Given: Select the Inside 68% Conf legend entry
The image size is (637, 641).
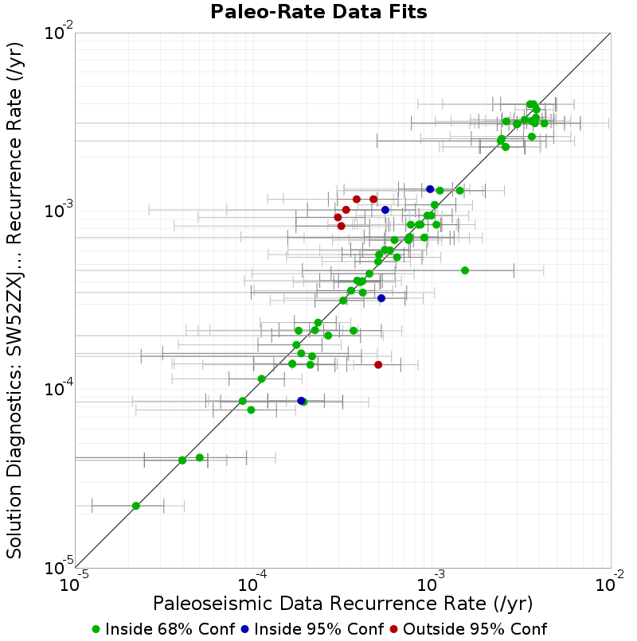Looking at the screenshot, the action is point(164,629).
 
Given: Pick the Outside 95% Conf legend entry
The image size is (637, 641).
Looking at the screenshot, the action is point(468,629).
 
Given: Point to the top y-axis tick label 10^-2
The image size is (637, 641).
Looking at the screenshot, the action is point(60,32).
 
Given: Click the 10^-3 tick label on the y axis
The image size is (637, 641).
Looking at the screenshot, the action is point(60,210).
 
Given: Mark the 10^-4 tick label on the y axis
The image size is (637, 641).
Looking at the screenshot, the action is point(60,388).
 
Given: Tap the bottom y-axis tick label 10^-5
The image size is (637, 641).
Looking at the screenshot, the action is point(60,567).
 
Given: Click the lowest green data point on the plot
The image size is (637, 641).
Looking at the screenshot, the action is point(136,506).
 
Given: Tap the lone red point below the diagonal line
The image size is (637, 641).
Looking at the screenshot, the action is point(378,365).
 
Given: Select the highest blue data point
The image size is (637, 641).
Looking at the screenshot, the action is point(430,188).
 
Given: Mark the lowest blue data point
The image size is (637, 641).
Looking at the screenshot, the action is point(301,401).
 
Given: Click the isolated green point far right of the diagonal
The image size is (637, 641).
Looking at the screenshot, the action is point(465,270).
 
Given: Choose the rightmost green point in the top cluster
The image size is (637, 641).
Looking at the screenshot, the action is point(544,123).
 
